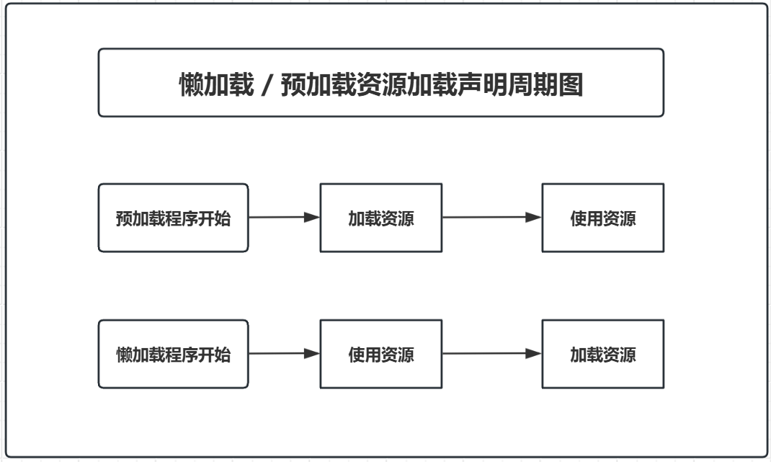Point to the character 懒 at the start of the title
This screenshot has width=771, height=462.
[191, 85]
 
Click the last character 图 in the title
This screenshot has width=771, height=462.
[571, 85]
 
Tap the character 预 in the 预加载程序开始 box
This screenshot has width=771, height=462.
[123, 218]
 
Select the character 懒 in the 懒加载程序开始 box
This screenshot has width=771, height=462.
[123, 355]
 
